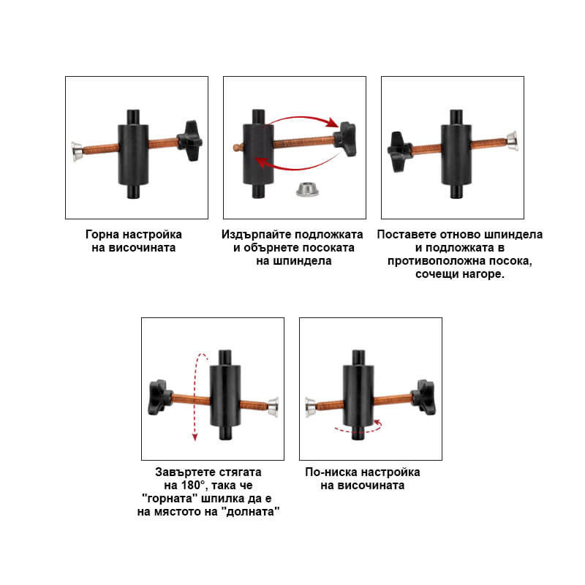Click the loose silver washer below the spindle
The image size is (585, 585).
click(307, 189)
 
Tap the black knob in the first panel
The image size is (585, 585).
click(190, 140)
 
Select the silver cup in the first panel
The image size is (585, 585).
click(78, 151)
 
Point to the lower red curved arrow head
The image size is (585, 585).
click(263, 162)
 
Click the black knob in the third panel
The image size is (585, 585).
click(399, 151)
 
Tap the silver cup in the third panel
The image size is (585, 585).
click(512, 141)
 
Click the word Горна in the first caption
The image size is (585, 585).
click(102, 234)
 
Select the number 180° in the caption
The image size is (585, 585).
click(194, 485)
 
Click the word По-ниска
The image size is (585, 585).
click(331, 472)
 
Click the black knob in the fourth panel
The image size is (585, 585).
click(160, 397)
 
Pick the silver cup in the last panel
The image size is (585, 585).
click(310, 407)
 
